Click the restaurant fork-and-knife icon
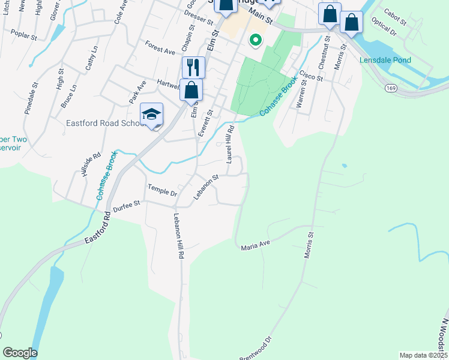point(193,67)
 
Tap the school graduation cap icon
point(152,114)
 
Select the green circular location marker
point(255,41)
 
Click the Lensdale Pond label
point(385,61)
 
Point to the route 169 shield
point(390,88)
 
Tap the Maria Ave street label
point(256,247)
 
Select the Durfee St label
point(127,204)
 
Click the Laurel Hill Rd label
point(229,144)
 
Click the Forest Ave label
point(160,47)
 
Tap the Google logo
point(20,353)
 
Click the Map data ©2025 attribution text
point(423,355)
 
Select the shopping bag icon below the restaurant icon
point(191,90)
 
